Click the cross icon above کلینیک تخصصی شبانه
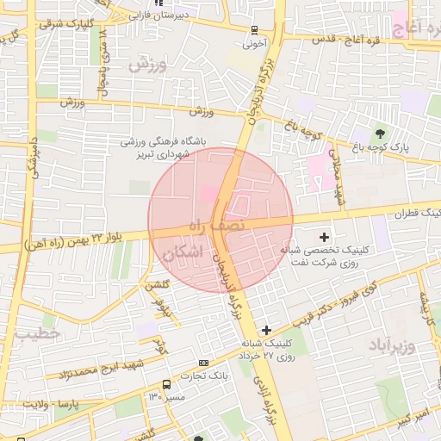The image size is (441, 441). tap(324, 237)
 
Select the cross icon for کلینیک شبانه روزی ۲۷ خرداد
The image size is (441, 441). tap(266, 330)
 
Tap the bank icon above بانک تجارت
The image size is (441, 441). tap(203, 363)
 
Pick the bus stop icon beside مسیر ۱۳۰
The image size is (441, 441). tap(165, 384)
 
